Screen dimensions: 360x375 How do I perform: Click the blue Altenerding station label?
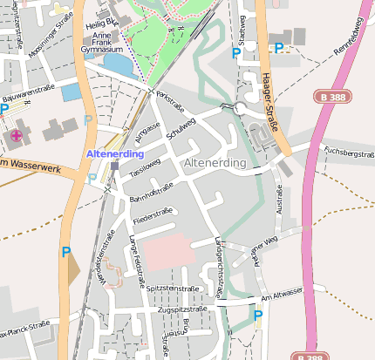[115, 153]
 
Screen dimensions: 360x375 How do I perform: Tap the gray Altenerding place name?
[215, 163]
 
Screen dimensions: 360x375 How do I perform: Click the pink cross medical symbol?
[17, 135]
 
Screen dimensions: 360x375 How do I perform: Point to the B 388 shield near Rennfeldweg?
[334, 98]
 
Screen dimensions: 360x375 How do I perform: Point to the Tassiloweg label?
[145, 166]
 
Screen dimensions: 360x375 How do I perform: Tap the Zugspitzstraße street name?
[183, 309]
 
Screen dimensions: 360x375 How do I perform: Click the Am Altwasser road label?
[280, 295]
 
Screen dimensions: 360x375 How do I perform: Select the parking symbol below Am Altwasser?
[256, 316]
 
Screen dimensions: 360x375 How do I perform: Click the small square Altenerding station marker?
[114, 166]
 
